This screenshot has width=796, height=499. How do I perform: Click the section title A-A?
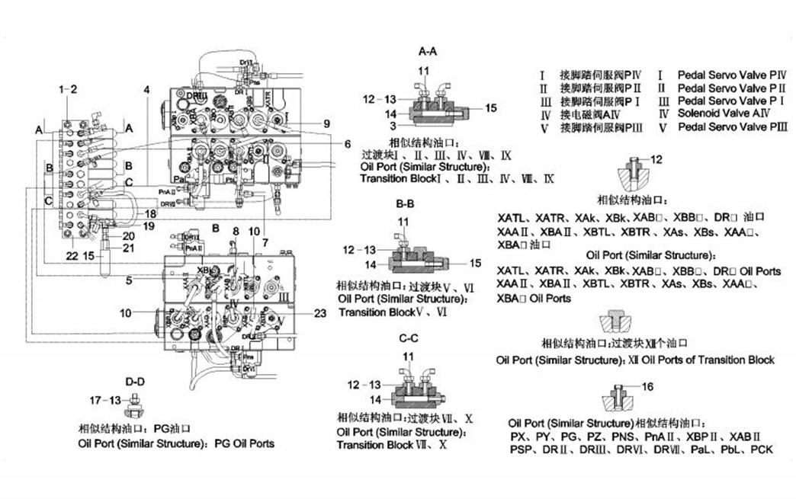[428, 51]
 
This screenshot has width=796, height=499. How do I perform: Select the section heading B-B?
[405, 205]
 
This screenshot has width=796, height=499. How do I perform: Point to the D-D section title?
[134, 380]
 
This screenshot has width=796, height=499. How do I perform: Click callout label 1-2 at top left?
[68, 89]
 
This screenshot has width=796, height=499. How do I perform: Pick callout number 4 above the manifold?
[146, 89]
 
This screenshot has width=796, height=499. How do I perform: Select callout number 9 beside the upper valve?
[326, 123]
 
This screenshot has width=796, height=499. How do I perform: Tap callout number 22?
[72, 256]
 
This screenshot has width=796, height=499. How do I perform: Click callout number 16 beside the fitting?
[647, 387]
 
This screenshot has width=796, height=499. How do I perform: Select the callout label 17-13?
[105, 399]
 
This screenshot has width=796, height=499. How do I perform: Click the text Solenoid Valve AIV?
[721, 114]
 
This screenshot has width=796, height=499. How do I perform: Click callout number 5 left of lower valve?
[130, 280]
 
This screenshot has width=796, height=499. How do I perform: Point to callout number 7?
[265, 242]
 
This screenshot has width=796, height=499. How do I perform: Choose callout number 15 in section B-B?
[476, 263]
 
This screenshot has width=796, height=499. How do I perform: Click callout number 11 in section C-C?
[409, 357]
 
